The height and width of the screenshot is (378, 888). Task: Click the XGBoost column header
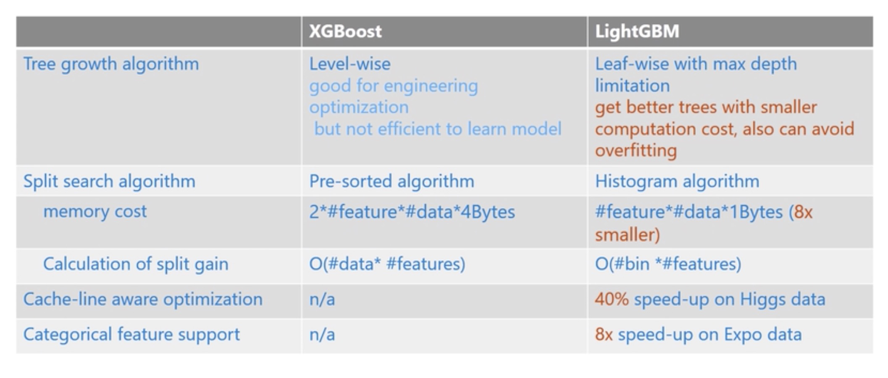coord(345,31)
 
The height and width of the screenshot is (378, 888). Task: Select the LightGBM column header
coord(637,31)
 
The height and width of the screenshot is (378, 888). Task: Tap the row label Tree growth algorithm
coord(111,64)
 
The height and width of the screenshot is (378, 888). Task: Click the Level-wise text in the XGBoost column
coord(350,64)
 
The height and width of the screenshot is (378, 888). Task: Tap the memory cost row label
coord(95,212)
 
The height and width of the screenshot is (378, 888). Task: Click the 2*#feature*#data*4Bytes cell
coord(412,212)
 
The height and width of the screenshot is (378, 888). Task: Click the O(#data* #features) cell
coord(387,264)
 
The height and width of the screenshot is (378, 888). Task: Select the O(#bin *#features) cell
coord(668,264)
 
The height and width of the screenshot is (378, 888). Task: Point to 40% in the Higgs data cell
coord(612,299)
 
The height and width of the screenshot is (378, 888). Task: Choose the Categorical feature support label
coord(131,335)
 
